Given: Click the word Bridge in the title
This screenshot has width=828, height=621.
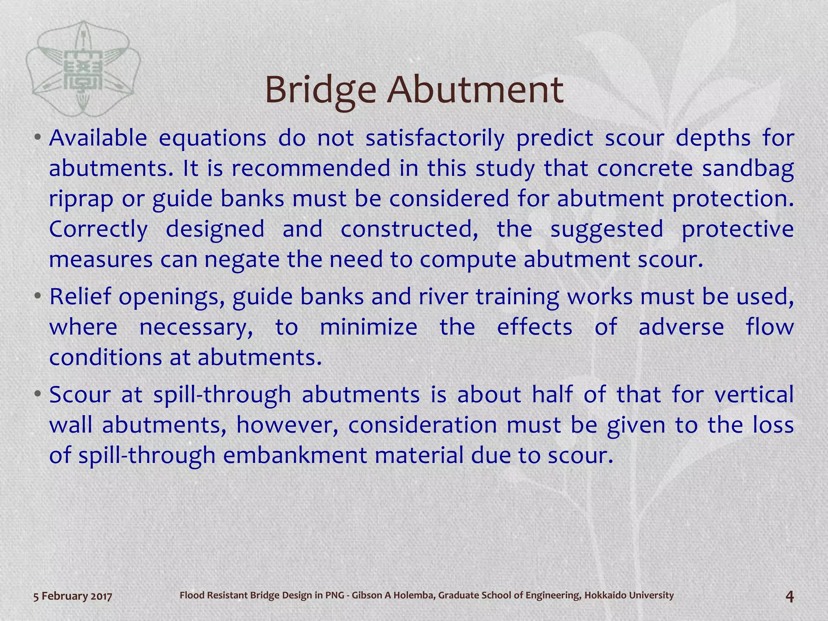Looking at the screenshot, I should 320,90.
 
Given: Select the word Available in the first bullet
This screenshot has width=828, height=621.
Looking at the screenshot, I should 98,138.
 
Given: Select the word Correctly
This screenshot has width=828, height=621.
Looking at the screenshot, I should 98,230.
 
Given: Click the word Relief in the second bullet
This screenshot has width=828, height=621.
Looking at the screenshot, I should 80,296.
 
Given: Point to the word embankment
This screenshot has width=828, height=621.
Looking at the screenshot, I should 295,456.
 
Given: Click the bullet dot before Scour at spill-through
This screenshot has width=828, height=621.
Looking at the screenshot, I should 37,394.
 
